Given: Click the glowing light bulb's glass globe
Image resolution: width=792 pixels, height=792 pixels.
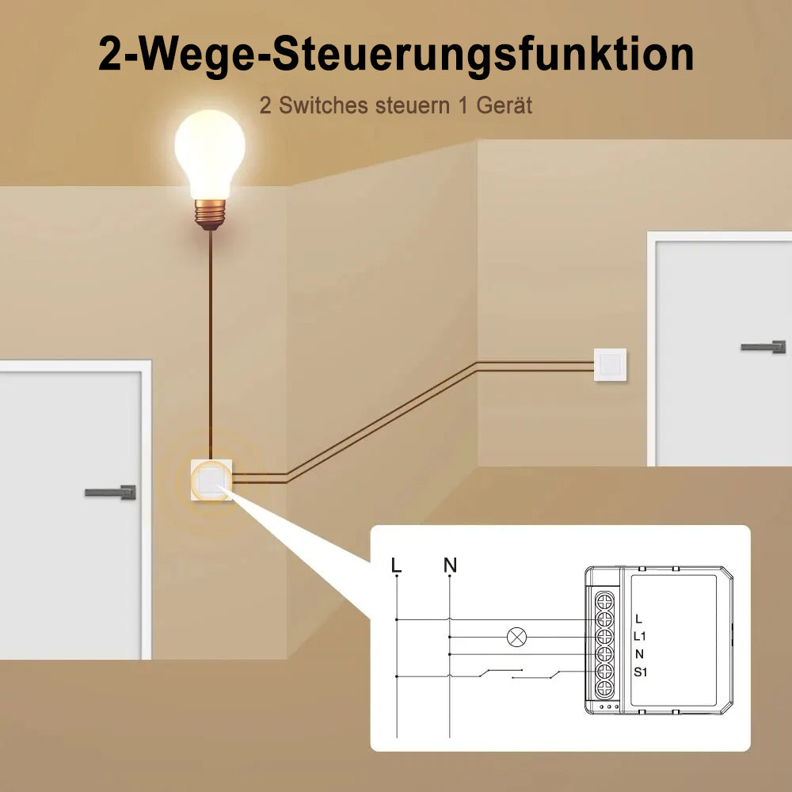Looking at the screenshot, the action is coord(210,153).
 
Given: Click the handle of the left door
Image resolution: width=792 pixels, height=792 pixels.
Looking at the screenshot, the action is coord(111,493).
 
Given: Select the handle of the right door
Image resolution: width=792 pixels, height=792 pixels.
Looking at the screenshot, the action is coord(763,347).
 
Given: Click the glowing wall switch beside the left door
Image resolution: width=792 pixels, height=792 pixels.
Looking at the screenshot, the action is coord(211,480).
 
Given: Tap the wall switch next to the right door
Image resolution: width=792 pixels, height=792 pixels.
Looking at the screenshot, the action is coord(610,364).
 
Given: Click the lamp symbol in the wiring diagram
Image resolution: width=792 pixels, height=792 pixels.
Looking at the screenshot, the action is coord(516,637).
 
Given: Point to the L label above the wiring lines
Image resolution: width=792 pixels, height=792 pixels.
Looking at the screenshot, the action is coord(397,565).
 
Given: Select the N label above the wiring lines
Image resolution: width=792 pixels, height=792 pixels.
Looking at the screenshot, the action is coord(450,565).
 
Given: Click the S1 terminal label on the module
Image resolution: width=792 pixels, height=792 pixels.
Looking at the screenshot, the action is coord(641,672).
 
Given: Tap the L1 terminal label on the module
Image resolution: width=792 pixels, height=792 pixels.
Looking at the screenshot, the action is coord(639,636).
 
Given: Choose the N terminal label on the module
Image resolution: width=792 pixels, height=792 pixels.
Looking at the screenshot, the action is coord(639,654).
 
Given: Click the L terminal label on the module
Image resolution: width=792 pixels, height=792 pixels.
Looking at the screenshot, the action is coord(639,619).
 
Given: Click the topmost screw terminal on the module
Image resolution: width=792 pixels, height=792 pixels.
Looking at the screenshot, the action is coord(604,602).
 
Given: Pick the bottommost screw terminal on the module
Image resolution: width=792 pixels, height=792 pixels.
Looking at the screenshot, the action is coord(604,689).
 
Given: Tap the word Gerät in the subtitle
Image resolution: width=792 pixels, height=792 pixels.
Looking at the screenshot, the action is coord(504,105).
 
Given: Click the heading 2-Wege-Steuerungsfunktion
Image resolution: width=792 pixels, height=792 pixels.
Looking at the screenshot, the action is coord(396,55).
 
